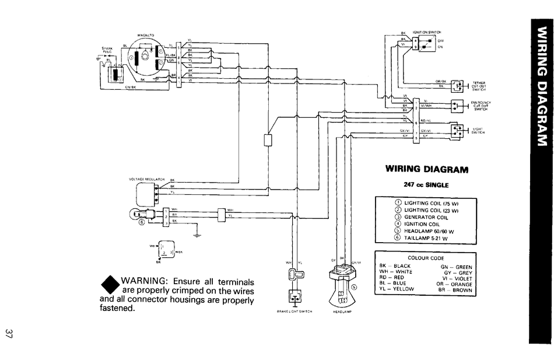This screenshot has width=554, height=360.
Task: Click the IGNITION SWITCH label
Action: [427, 32]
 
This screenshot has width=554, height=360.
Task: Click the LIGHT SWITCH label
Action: [478, 130]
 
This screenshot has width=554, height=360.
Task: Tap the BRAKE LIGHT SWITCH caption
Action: [294, 312]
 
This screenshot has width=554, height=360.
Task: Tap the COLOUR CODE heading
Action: [426, 257]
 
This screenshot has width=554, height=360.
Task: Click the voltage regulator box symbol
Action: [146, 191]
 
